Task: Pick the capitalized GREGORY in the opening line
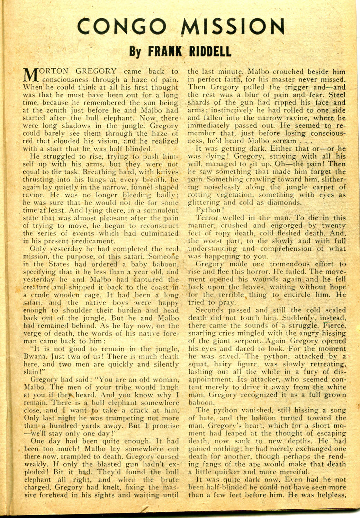[x=96, y=72]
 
